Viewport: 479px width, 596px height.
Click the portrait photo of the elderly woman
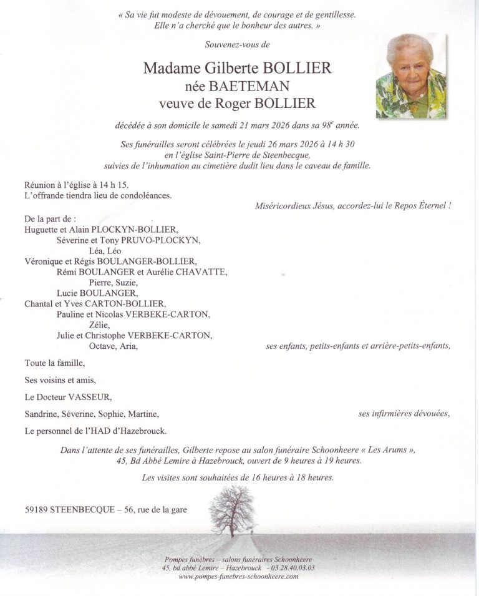click(410, 76)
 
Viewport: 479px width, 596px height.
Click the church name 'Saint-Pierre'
click(234, 155)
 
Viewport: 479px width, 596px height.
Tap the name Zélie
click(99, 325)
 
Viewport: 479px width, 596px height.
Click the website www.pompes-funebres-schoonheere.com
click(238, 577)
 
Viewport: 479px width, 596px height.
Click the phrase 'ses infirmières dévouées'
click(404, 414)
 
